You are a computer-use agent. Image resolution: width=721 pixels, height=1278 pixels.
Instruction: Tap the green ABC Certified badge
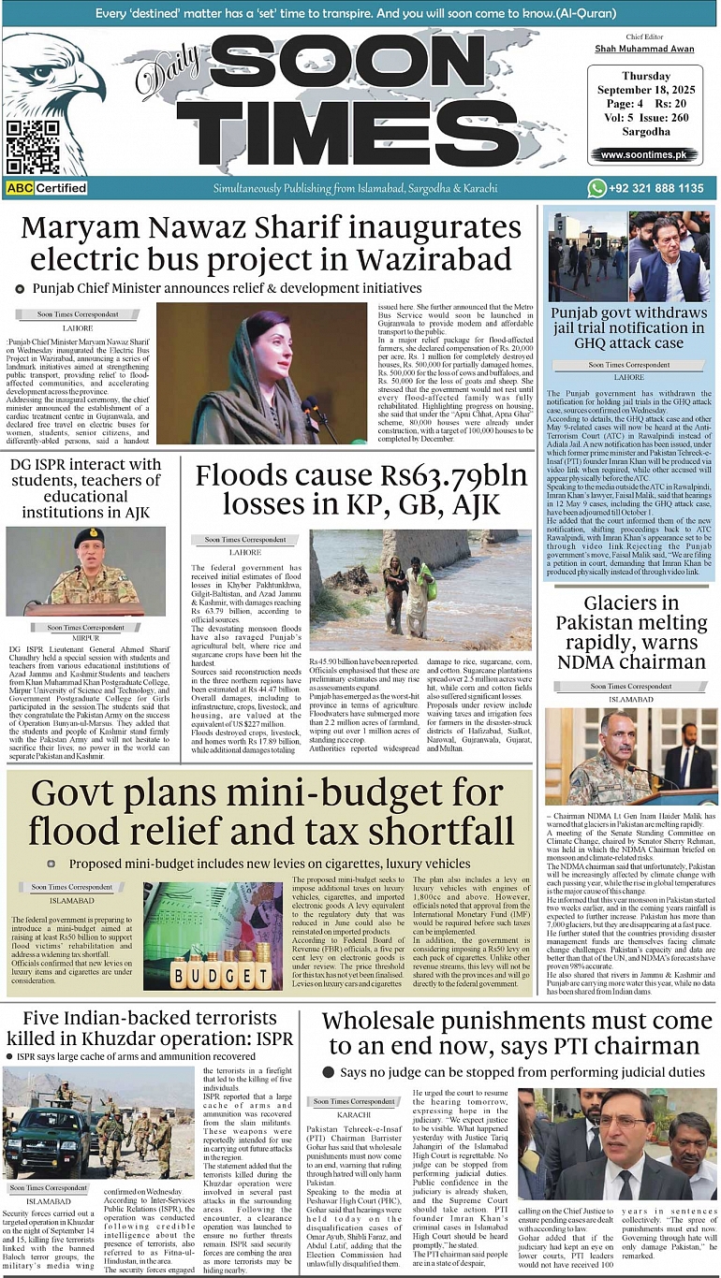pyautogui.click(x=47, y=188)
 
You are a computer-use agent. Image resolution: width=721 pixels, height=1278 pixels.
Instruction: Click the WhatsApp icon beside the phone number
pyautogui.click(x=596, y=188)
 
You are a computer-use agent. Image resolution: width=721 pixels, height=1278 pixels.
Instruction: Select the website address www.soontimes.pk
pyautogui.click(x=643, y=154)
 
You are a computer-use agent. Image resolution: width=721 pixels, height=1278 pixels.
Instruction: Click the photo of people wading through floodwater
pyautogui.click(x=419, y=589)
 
